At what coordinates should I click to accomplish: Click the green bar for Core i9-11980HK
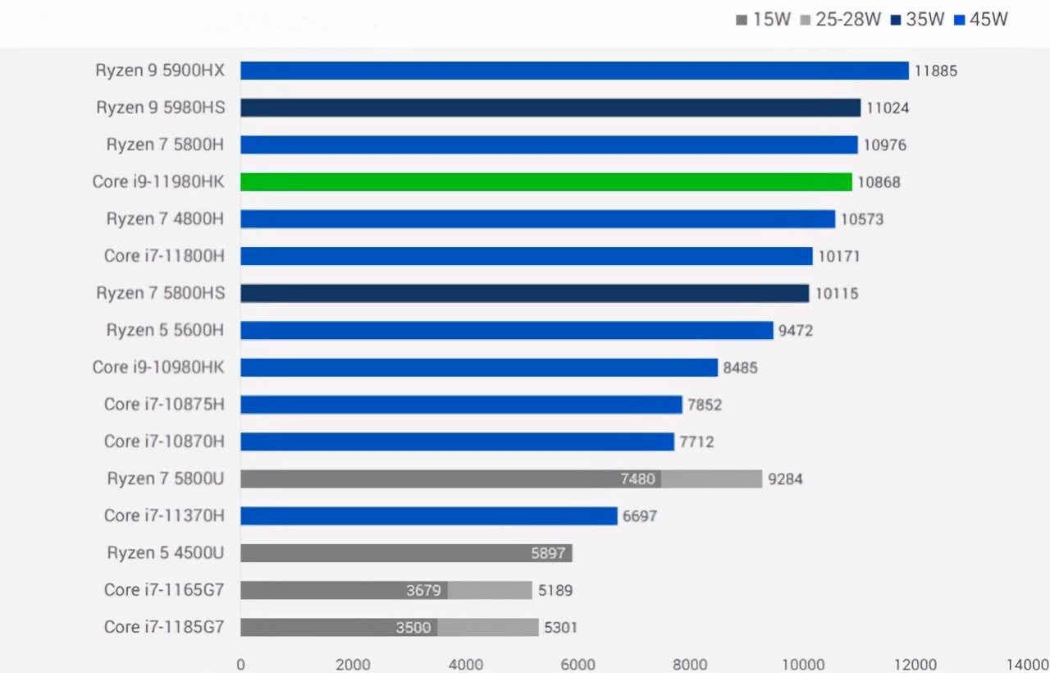coord(546,181)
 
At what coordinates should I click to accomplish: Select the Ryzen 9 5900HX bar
coord(574,71)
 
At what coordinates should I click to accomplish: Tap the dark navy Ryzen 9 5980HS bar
coord(550,108)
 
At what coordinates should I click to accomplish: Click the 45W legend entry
coord(981,19)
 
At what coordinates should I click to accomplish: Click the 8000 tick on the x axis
coord(690,664)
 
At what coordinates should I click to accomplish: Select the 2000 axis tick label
coord(352,664)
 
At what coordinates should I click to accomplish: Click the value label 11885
coord(936,71)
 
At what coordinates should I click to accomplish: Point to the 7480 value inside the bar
coord(637,478)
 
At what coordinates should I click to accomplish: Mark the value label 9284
coord(785,478)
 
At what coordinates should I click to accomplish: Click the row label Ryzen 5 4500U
coord(165,552)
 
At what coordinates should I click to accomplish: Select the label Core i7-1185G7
coord(163,627)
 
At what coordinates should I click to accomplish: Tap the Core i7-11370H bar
coord(428,515)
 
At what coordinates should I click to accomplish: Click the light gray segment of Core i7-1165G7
coord(490,590)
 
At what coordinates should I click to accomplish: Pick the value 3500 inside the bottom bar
coord(413,628)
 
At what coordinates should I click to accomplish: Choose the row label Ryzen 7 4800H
coord(165,218)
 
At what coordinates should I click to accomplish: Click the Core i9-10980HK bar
coord(479,367)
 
